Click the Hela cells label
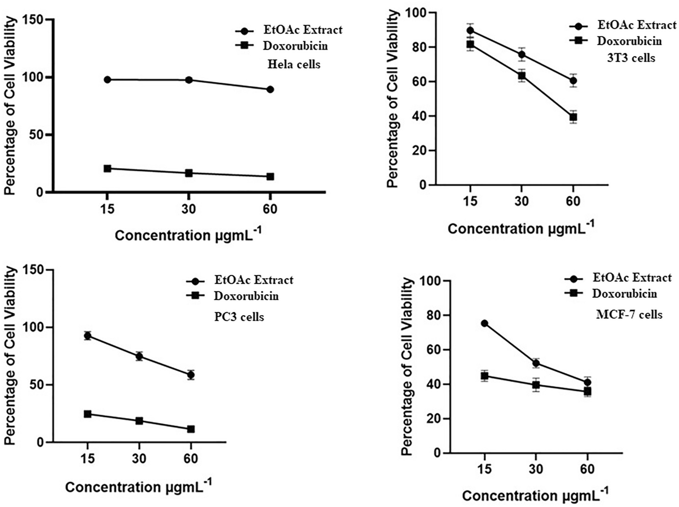pyautogui.click(x=293, y=64)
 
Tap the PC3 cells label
pyautogui.click(x=239, y=317)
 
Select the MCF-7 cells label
pyautogui.click(x=629, y=315)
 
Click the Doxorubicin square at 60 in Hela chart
pyautogui.click(x=270, y=177)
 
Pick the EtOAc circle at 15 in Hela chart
pyautogui.click(x=107, y=80)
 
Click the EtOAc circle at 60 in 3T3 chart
pyautogui.click(x=573, y=80)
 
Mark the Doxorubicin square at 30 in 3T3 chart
pyautogui.click(x=522, y=75)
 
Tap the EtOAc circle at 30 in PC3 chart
pyautogui.click(x=139, y=356)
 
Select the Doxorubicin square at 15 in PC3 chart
pyautogui.click(x=87, y=414)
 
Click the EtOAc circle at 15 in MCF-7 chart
pyautogui.click(x=485, y=323)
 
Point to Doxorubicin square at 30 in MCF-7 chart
pyautogui.click(x=536, y=385)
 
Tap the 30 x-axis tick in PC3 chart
pyautogui.click(x=139, y=458)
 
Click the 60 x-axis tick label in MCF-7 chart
pyautogui.click(x=587, y=469)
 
